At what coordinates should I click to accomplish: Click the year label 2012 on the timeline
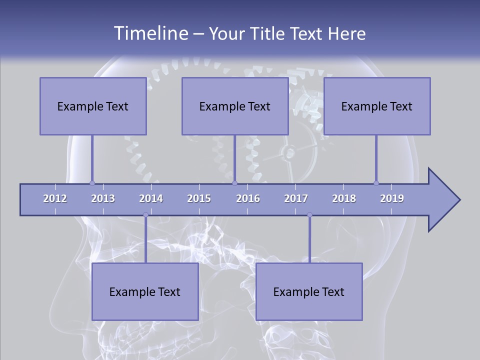point(55,198)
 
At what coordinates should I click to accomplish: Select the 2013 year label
point(103,198)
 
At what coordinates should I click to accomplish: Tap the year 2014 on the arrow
point(151,198)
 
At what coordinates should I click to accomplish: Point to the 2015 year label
point(199,198)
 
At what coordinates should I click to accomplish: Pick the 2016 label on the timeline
point(248,198)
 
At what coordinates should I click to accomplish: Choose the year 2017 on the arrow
point(296,198)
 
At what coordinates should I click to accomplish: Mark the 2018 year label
point(344,198)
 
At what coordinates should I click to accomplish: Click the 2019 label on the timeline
point(392,198)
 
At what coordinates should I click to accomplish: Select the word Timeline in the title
point(150,33)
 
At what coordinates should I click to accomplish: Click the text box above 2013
point(93,106)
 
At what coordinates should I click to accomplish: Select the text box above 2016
point(235,106)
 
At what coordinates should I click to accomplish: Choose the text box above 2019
point(377,106)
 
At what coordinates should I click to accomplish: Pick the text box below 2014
point(145,291)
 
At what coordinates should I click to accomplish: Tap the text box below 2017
point(309,291)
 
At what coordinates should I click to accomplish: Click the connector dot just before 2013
point(92,183)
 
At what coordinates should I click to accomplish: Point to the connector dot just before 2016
point(235,183)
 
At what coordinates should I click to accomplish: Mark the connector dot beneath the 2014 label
point(145,215)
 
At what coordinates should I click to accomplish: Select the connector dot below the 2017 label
point(309,215)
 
